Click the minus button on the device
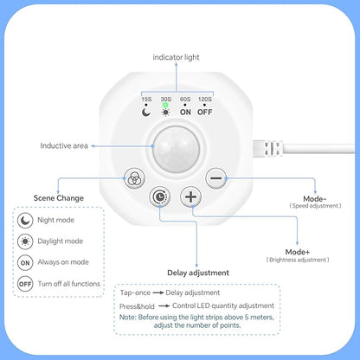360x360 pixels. [x=216, y=178]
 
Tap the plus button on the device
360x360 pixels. [x=190, y=196]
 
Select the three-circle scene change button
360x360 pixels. [x=134, y=178]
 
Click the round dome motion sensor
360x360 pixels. [x=177, y=149]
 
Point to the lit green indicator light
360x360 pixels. [x=165, y=106]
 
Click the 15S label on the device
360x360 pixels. [x=146, y=100]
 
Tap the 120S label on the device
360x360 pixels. [x=205, y=100]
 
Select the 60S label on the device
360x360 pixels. [x=185, y=100]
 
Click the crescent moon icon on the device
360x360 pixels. [x=146, y=112]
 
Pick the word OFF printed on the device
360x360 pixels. [x=205, y=112]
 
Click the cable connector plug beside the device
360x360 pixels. [x=267, y=149]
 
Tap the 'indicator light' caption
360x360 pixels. [x=176, y=57]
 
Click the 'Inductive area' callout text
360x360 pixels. [x=64, y=145]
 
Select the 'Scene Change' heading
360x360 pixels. [x=59, y=198]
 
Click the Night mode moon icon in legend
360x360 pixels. [x=25, y=221]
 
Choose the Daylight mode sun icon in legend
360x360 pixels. [x=25, y=241]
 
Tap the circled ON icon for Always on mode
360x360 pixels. [x=25, y=263]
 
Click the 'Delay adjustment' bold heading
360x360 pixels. [x=198, y=273]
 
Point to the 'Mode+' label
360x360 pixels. [x=298, y=252]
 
